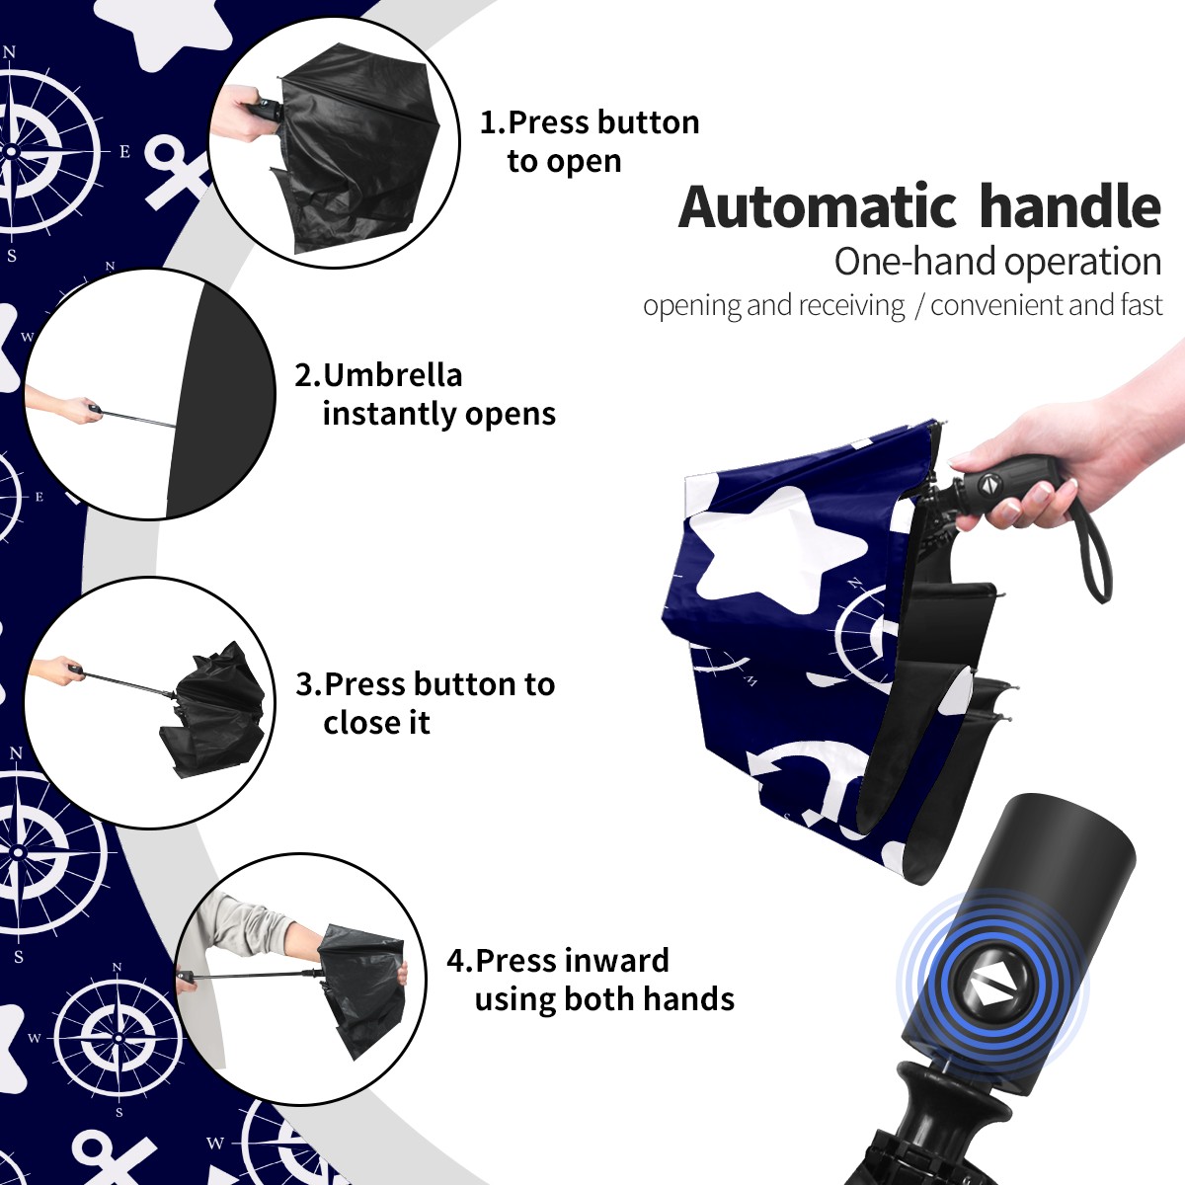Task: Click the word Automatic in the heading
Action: pyautogui.click(x=818, y=207)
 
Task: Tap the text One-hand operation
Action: pyautogui.click(x=997, y=262)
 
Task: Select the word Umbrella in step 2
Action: pyautogui.click(x=392, y=375)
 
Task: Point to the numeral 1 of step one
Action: pyautogui.click(x=487, y=122)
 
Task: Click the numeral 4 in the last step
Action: pyautogui.click(x=455, y=961)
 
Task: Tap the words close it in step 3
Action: pyautogui.click(x=376, y=722)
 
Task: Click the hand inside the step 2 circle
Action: pyautogui.click(x=79, y=409)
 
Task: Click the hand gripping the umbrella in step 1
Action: pyautogui.click(x=243, y=114)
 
